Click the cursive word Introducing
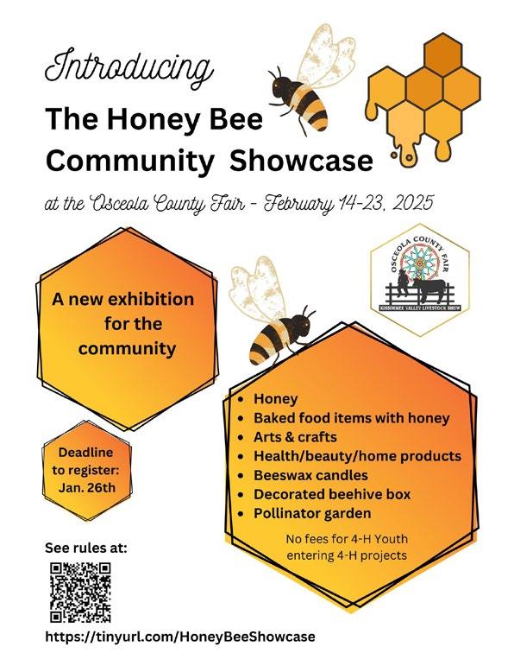coord(128,69)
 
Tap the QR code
coord(80,593)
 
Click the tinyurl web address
coord(180,637)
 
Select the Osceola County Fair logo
coord(419,280)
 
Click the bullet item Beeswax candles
coord(310,475)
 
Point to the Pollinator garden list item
coord(312,513)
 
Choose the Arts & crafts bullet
coord(295,437)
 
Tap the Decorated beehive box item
coord(332,494)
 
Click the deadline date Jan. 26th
coord(87,487)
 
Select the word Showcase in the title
coord(301,161)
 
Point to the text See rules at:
coord(86,548)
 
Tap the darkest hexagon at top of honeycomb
coord(442,54)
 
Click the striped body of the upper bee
coord(309,106)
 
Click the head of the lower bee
coord(304,322)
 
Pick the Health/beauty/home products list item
coord(357,456)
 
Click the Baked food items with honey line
coord(352,418)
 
